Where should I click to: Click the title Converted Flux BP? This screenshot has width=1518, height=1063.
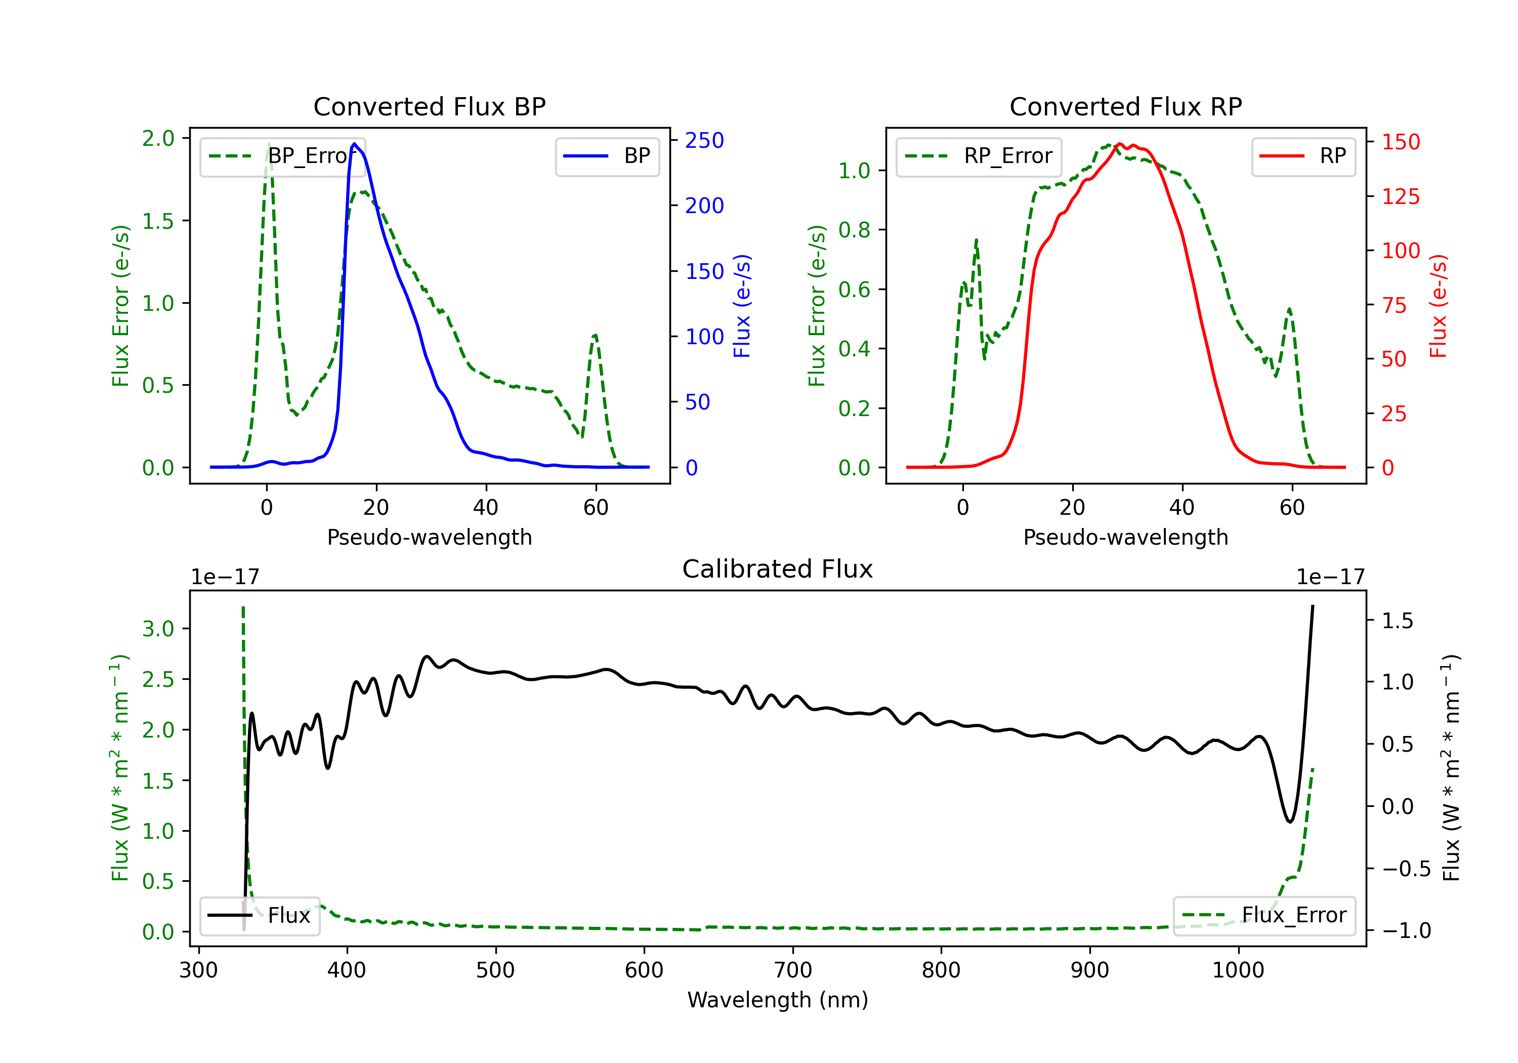pos(429,106)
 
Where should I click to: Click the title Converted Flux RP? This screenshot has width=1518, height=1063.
pos(1125,106)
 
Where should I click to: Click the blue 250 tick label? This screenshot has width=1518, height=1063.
pos(704,140)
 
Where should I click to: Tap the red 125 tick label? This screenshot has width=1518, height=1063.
pos(1400,196)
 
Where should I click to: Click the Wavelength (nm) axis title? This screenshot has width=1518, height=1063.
pos(778,1000)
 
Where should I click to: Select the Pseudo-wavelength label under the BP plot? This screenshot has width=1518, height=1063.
pos(429,537)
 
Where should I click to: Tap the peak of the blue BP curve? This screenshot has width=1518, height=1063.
pos(354,144)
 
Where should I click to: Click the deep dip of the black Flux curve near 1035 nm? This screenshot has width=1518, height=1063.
pos(1289,822)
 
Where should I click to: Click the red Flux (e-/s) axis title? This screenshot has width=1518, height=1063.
pos(1439,306)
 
